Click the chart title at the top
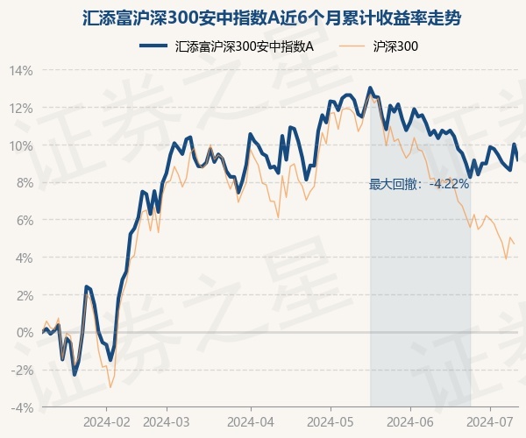263,17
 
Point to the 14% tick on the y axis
21,71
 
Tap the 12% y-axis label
21,109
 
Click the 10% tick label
21,145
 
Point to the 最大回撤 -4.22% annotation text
419,184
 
